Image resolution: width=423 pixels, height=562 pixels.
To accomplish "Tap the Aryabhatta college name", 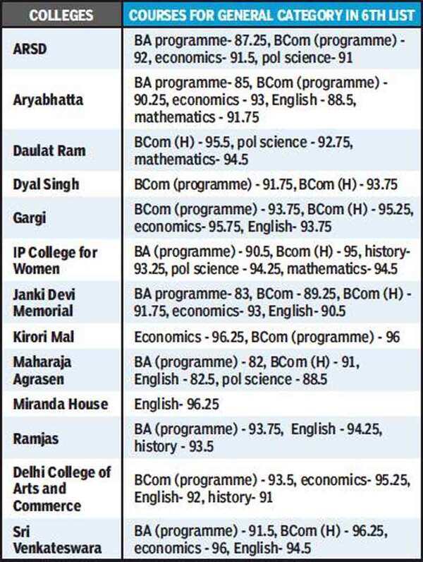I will click(x=48, y=100).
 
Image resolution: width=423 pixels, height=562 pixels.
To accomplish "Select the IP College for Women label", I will click(x=55, y=261).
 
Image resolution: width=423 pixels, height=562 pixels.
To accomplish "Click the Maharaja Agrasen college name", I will click(x=42, y=370).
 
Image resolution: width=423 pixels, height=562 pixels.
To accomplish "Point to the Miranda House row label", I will click(x=61, y=404).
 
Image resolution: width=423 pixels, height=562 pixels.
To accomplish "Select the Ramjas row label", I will click(x=36, y=438).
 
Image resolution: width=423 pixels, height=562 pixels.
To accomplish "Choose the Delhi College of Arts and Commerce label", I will click(x=62, y=489).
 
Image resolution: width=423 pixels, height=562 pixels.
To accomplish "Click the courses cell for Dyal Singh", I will click(x=266, y=185).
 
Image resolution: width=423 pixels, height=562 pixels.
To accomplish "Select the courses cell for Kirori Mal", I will click(x=267, y=337).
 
